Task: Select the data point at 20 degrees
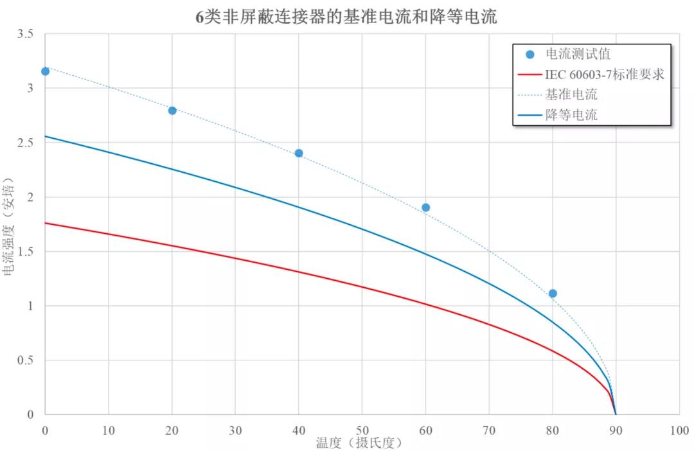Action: [172, 111]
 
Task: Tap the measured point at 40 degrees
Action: [299, 153]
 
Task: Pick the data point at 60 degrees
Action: [425, 208]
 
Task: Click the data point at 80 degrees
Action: [553, 293]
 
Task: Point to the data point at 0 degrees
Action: [45, 71]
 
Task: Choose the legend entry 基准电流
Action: [571, 95]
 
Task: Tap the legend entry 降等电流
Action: [571, 116]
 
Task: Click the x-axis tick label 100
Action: [679, 429]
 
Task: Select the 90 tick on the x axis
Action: [616, 429]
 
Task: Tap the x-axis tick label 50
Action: [362, 429]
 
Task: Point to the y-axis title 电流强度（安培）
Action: [9, 225]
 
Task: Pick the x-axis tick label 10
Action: [109, 429]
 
